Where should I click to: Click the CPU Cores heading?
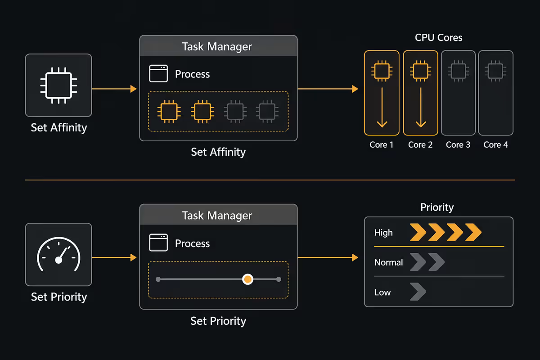(438, 38)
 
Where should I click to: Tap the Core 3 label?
(458, 145)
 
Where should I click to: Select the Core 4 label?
(495, 145)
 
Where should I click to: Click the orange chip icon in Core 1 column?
(382, 71)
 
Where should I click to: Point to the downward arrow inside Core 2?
(421, 107)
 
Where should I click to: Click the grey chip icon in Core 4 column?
(495, 71)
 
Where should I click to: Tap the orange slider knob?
(247, 279)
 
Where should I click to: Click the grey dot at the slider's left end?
(158, 279)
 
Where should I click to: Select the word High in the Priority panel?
(383, 233)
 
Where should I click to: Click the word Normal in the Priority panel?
(388, 262)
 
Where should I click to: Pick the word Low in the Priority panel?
(382, 292)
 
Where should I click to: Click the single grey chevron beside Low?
(418, 292)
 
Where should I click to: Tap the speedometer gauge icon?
(58, 254)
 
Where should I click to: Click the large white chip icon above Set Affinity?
(58, 85)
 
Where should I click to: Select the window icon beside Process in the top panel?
(158, 73)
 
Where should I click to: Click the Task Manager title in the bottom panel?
(217, 215)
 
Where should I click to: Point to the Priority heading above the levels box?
(437, 207)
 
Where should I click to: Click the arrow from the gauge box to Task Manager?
(114, 257)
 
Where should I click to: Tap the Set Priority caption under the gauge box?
(59, 297)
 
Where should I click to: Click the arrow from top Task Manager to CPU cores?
(328, 89)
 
